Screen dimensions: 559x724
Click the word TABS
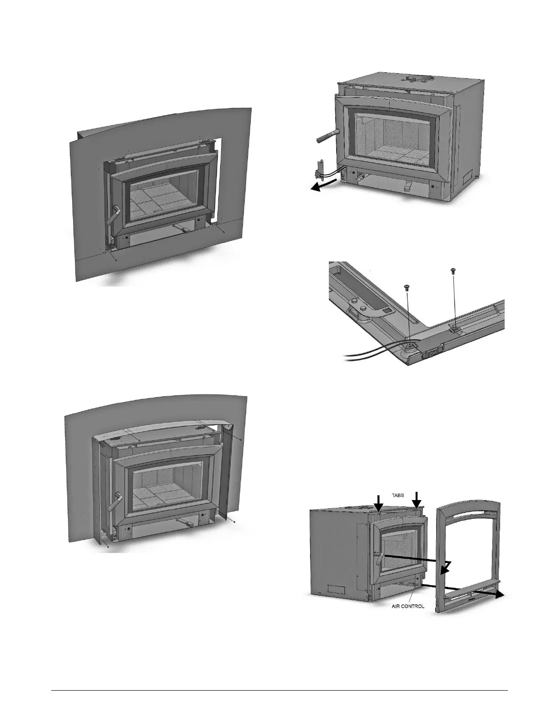pyautogui.click(x=398, y=495)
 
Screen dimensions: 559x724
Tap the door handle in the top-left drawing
pyautogui.click(x=113, y=215)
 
